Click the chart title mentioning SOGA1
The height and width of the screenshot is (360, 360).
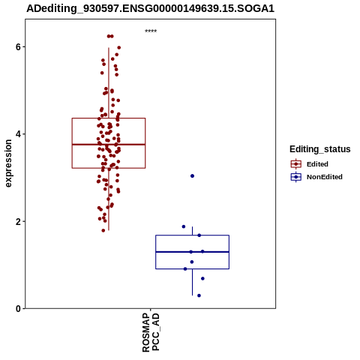151,8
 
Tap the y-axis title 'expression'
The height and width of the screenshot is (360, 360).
8,163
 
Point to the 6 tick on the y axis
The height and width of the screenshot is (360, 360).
18,46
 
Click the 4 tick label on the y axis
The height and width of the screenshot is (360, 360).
18,134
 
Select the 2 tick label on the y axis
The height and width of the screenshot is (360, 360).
18,221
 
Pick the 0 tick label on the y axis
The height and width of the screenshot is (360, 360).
18,309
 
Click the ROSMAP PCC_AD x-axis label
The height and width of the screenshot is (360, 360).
151,332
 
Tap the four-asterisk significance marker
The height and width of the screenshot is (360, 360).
151,31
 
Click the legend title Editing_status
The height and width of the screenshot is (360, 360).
320,149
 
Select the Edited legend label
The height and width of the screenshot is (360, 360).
317,164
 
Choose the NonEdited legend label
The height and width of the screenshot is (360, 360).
325,177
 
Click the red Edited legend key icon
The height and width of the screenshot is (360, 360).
296,164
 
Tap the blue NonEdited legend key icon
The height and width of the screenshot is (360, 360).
296,177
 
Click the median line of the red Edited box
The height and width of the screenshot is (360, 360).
109,145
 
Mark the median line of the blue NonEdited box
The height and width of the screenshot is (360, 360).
192,252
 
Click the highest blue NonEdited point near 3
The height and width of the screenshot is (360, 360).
192,176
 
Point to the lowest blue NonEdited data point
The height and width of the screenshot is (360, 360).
199,295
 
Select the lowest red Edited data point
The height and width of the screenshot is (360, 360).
103,230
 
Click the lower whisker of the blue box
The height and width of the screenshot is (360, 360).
192,282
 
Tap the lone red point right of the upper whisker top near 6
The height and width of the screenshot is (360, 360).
119,47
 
